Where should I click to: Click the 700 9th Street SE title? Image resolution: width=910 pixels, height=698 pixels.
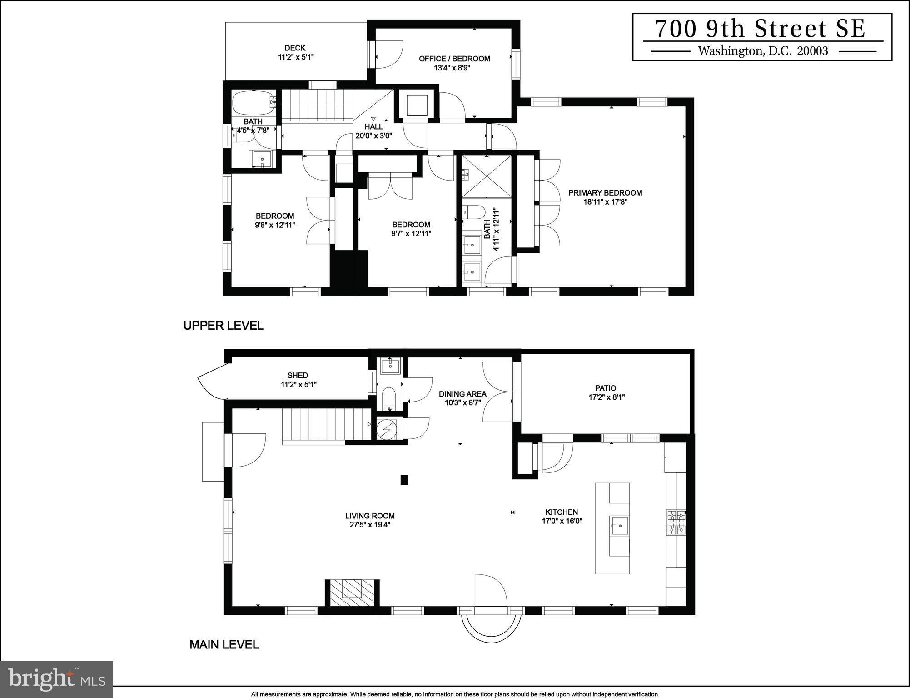[761, 29]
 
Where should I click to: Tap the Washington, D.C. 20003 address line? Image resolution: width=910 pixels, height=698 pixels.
[763, 51]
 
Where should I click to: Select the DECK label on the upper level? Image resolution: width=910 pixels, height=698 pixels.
[295, 48]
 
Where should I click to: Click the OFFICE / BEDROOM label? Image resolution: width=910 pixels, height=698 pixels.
[454, 59]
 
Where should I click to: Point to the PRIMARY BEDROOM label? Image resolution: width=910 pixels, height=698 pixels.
[605, 193]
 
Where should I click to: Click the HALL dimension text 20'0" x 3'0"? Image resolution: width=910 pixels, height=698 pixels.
[373, 136]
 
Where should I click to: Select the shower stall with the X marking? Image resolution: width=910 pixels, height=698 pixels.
[486, 176]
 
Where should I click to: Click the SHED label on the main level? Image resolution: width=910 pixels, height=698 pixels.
[298, 375]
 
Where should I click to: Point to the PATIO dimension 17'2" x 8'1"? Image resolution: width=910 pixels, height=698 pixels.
[606, 397]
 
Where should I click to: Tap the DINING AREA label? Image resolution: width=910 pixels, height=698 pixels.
[462, 394]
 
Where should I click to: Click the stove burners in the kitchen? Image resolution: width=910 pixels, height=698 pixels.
[676, 522]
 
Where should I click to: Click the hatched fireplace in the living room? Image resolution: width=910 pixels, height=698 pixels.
[352, 593]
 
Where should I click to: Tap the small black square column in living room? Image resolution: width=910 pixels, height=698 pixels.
[404, 480]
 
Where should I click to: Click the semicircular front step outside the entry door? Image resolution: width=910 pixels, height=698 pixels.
[491, 628]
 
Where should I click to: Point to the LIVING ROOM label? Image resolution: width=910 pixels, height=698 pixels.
[369, 516]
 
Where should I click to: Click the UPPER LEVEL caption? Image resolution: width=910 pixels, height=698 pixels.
[223, 326]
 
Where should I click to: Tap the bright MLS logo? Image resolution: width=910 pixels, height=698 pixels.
[56, 679]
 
